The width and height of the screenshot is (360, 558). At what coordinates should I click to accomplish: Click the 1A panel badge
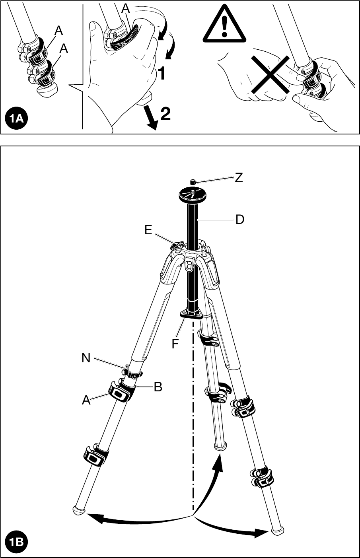[16, 119]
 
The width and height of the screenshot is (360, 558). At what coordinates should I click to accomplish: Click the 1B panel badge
[16, 542]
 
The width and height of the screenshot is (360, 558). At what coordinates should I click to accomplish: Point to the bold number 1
[161, 74]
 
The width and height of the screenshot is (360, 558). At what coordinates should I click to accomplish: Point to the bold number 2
[165, 114]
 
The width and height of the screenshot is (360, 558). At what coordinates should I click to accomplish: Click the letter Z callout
[239, 178]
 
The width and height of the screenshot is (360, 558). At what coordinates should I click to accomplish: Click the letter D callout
[239, 219]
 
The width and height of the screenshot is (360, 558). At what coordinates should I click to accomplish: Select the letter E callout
[148, 230]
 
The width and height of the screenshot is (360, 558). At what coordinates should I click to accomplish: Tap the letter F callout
[175, 344]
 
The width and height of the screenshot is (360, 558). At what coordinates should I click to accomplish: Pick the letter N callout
[86, 358]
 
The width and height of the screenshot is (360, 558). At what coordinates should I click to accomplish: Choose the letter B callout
[158, 387]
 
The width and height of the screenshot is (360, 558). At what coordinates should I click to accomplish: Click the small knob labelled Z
[193, 182]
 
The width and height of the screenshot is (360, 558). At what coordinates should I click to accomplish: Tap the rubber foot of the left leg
[78, 510]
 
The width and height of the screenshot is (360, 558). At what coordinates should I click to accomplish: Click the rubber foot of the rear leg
[220, 446]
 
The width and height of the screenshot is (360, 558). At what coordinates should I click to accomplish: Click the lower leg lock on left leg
[96, 455]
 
